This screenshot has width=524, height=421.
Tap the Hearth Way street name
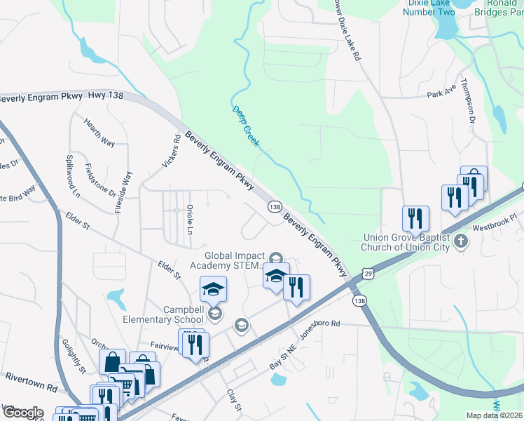click(x=99, y=131)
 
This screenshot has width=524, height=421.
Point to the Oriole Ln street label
click(x=189, y=220)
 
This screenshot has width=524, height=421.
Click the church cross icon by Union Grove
click(x=460, y=241)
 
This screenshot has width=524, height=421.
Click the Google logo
click(x=22, y=413)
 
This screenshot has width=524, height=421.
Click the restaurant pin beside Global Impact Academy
click(x=296, y=287)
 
